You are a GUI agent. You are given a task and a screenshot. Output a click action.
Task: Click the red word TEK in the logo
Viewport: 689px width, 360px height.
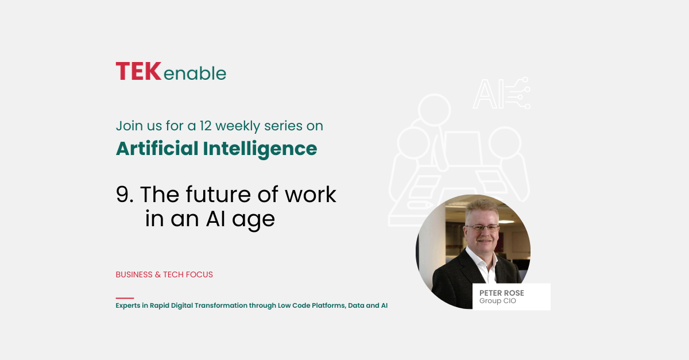[138, 71]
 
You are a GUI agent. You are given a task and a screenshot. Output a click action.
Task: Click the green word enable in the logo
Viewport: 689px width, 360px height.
[195, 73]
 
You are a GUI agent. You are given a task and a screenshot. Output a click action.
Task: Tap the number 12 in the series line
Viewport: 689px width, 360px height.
[205, 126]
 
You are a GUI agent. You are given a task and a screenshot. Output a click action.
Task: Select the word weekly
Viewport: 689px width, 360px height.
[238, 126]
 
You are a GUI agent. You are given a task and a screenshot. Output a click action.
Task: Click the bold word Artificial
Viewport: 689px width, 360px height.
[157, 148]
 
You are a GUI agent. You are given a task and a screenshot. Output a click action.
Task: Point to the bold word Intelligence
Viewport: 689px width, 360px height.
[260, 149]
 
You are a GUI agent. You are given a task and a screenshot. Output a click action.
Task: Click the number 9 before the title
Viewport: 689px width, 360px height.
[122, 195]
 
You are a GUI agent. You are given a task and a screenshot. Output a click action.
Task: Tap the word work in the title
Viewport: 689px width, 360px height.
[311, 194]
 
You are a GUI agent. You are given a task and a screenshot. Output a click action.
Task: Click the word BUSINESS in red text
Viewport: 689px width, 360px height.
[134, 274]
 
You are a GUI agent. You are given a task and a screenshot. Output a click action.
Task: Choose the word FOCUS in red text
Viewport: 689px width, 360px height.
[199, 274]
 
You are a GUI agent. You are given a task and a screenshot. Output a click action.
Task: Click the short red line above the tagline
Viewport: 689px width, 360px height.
[125, 298]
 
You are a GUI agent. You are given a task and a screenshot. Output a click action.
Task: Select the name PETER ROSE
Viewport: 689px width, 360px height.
[502, 293]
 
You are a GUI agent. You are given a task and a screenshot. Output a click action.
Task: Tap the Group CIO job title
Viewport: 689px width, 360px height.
[498, 301]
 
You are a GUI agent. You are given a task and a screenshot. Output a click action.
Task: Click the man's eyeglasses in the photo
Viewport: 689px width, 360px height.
[482, 228]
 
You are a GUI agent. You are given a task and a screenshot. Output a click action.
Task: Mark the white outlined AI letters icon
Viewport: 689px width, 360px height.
[501, 93]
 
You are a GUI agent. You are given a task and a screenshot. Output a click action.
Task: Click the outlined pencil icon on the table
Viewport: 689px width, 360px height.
[420, 205]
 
